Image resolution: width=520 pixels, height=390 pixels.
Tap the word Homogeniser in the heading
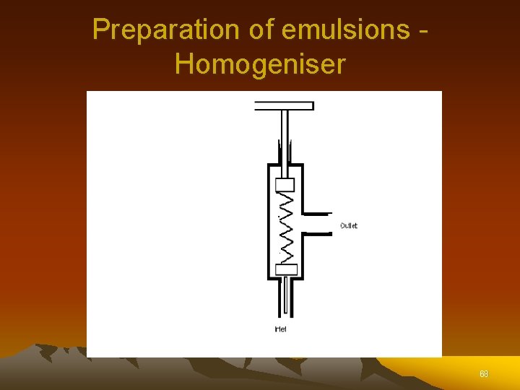coord(260,64)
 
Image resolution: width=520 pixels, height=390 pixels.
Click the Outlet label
coord(348,226)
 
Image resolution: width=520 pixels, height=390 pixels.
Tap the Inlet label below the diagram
coord(282,329)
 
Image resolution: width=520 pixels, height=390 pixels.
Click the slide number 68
coord(483,374)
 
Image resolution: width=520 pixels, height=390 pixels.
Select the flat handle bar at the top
coord(284,105)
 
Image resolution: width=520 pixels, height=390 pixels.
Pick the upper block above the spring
coord(285,184)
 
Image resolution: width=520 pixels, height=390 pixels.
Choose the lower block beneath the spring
coord(286,269)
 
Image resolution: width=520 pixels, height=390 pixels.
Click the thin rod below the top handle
coord(285,134)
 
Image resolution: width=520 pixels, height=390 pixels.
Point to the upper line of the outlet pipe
coord(316,214)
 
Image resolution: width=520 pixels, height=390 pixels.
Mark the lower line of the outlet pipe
coord(316,234)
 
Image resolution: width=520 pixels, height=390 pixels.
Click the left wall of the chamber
coord(269,224)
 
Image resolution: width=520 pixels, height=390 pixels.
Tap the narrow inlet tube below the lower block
coord(286,296)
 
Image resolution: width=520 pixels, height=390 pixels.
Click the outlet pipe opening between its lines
coord(318,224)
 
